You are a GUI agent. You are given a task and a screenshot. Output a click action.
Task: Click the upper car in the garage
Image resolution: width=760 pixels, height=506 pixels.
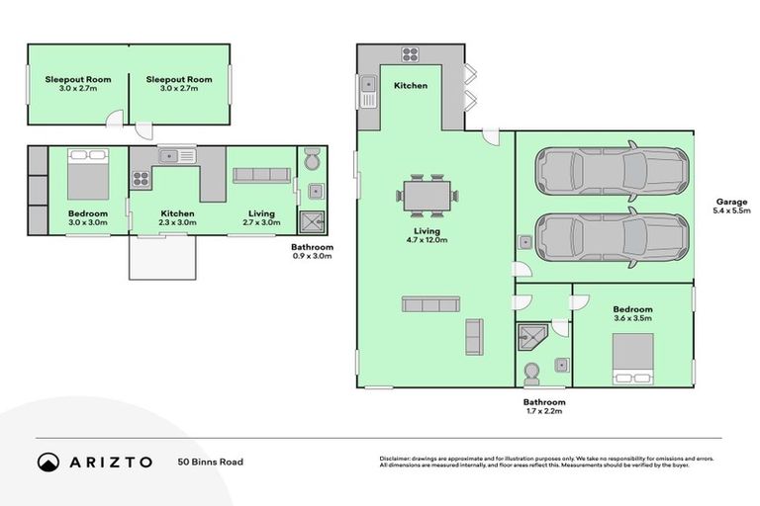[611, 171]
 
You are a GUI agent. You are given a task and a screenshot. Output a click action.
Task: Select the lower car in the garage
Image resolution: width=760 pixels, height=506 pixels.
[611, 238]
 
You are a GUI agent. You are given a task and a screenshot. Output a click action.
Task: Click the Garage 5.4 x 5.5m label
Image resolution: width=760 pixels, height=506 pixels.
[731, 206]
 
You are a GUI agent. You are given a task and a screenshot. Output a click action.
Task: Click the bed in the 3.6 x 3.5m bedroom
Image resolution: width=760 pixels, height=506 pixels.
[632, 357]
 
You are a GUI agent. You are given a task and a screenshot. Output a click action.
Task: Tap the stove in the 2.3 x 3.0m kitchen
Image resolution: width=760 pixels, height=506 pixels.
[141, 180]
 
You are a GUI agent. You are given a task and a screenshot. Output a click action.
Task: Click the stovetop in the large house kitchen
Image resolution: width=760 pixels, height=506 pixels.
[411, 54]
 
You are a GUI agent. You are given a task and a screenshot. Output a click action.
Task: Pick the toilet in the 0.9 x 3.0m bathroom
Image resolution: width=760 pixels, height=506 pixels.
[312, 160]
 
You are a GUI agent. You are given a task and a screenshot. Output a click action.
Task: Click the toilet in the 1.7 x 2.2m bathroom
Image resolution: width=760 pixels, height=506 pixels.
[530, 373]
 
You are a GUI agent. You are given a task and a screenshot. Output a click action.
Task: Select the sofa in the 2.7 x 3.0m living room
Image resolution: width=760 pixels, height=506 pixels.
[261, 175]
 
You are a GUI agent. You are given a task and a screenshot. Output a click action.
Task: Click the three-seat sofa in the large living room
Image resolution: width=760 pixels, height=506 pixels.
[429, 304]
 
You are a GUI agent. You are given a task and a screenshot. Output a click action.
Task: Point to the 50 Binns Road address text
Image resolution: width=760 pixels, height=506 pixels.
[210, 462]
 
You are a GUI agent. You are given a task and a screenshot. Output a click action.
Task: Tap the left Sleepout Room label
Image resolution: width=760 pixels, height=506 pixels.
[77, 84]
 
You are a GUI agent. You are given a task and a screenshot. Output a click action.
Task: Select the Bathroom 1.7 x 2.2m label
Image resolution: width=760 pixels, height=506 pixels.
[544, 407]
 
